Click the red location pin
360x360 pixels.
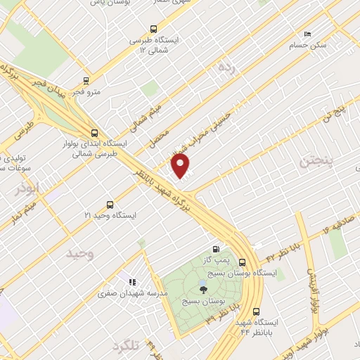181,166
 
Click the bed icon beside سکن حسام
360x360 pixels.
307,34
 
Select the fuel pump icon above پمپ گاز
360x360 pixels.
215,249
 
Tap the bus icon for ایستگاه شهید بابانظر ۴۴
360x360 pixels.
255,310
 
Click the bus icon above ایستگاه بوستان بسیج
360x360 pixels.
243,262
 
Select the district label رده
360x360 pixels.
225,67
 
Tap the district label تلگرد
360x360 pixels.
127,345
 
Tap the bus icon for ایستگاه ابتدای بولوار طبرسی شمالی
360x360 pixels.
95,131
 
